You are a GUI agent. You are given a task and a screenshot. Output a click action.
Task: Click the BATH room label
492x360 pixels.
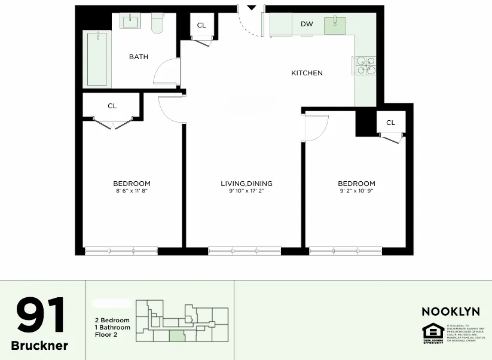click(x=139, y=57)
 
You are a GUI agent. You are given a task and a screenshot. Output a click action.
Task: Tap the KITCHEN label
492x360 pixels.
click(x=307, y=73)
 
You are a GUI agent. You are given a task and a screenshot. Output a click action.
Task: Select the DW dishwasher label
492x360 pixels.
click(x=307, y=24)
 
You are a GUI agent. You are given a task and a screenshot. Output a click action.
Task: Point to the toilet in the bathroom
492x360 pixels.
click(x=158, y=23)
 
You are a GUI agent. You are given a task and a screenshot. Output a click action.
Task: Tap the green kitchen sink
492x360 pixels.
click(x=335, y=25)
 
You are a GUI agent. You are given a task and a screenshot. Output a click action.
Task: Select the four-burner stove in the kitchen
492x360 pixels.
click(x=366, y=65)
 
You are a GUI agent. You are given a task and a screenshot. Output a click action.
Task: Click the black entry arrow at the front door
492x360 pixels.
click(x=252, y=8)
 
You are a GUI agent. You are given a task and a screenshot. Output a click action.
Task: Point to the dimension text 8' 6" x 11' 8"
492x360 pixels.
click(x=132, y=191)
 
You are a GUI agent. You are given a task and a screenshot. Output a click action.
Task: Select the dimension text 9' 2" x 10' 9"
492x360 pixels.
click(x=356, y=191)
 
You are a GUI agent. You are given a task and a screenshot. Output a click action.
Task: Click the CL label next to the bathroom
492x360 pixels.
click(x=201, y=25)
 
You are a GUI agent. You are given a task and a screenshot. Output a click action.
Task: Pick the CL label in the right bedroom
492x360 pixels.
click(x=390, y=123)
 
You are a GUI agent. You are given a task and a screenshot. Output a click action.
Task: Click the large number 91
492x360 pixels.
click(x=41, y=316)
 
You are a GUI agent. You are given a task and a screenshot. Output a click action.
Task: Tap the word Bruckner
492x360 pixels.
click(x=39, y=346)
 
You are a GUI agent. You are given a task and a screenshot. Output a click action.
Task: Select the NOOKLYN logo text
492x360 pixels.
click(x=450, y=312)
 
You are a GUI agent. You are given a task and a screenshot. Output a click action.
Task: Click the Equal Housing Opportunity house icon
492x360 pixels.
click(x=432, y=331)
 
